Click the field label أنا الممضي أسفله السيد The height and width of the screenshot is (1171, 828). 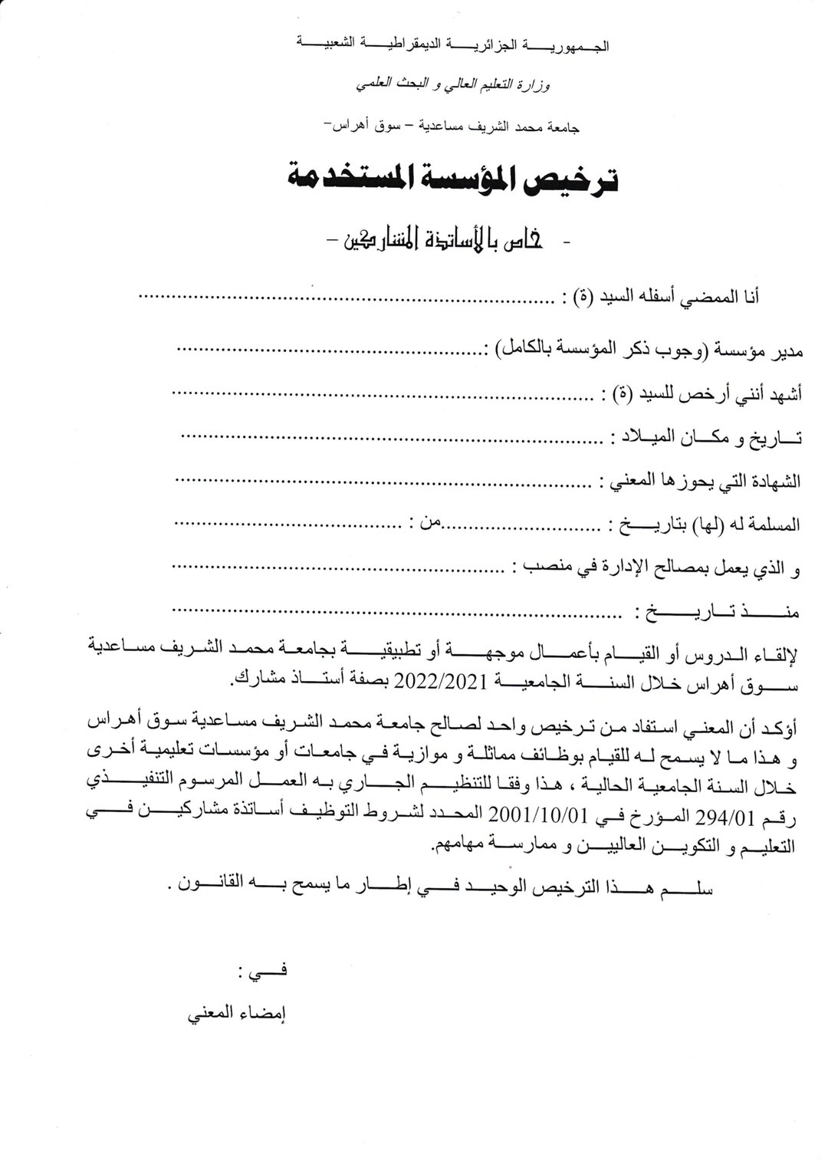(666, 297)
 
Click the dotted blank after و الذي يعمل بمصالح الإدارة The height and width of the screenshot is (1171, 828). (337, 567)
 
